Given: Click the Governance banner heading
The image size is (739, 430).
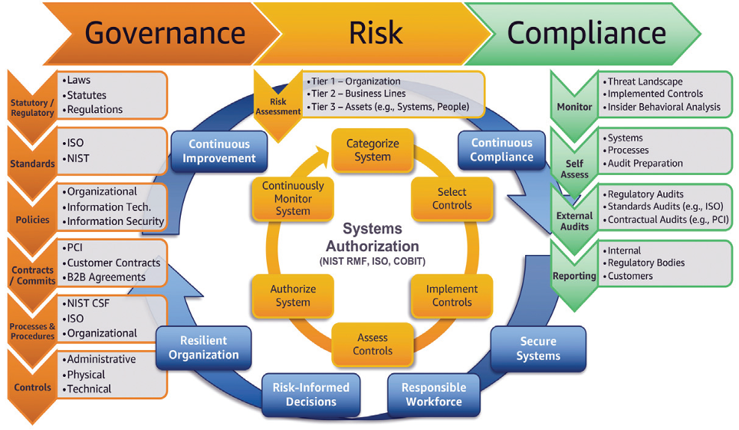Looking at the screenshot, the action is [x=165, y=33].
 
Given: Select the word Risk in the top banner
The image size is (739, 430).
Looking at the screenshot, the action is [x=376, y=33].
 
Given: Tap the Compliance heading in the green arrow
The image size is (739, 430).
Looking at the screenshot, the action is [x=586, y=33].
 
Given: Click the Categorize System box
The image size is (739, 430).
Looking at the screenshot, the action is [x=373, y=150].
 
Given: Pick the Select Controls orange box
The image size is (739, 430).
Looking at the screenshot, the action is [x=452, y=199].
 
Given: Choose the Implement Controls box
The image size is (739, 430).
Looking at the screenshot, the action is [x=452, y=296].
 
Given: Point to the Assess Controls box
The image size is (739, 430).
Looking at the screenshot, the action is [x=373, y=344].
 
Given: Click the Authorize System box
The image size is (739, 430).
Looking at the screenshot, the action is [x=293, y=296].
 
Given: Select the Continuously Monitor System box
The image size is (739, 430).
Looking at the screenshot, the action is [x=293, y=199].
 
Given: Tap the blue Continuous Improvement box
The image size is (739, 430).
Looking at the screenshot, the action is [x=219, y=151].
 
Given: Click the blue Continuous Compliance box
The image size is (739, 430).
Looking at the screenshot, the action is [x=501, y=150].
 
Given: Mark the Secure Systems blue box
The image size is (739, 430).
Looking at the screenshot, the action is [x=538, y=349].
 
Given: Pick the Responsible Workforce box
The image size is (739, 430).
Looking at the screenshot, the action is [x=434, y=395].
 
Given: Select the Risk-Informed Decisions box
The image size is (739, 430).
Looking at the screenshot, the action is [x=311, y=395].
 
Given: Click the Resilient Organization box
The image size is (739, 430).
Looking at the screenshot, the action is [x=204, y=348].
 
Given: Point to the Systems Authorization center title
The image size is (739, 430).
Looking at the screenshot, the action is [x=373, y=237].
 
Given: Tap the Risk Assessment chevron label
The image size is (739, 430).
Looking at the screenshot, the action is [x=278, y=107].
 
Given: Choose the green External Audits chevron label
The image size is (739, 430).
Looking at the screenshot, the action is [x=574, y=221].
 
